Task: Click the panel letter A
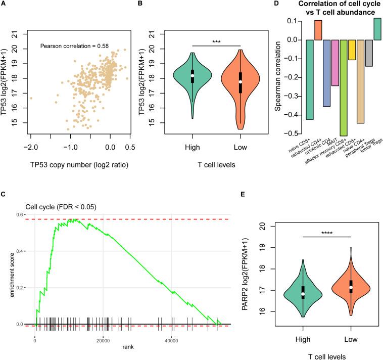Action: click(x=4, y=4)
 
